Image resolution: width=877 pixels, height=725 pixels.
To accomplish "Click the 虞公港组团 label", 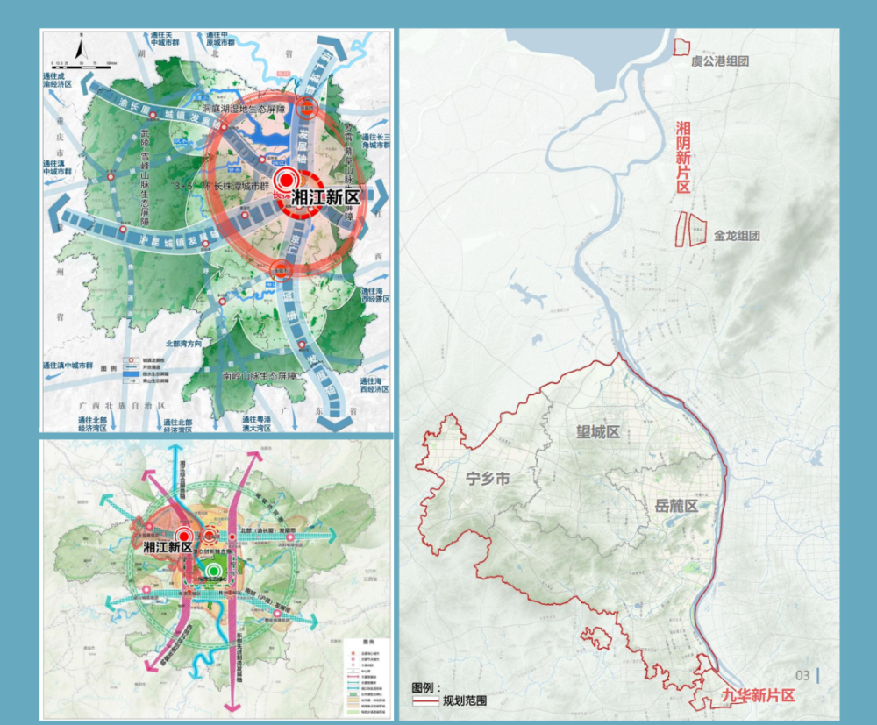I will (719, 61).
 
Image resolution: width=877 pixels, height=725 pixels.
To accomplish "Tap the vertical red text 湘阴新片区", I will (683, 158).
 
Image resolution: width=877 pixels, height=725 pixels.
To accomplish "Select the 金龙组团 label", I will (736, 236).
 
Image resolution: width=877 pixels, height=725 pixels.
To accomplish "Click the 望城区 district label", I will (597, 432).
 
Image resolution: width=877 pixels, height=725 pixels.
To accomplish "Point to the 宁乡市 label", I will (488, 480).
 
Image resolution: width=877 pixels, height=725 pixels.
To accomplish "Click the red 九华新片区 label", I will (758, 695).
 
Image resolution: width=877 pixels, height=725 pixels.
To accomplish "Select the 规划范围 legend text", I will (465, 700).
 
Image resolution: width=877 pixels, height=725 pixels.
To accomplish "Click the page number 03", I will (802, 675).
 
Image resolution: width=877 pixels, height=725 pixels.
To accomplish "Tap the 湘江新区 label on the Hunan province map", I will (325, 196).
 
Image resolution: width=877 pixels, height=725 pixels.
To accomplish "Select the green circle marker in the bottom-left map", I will (215, 569).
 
